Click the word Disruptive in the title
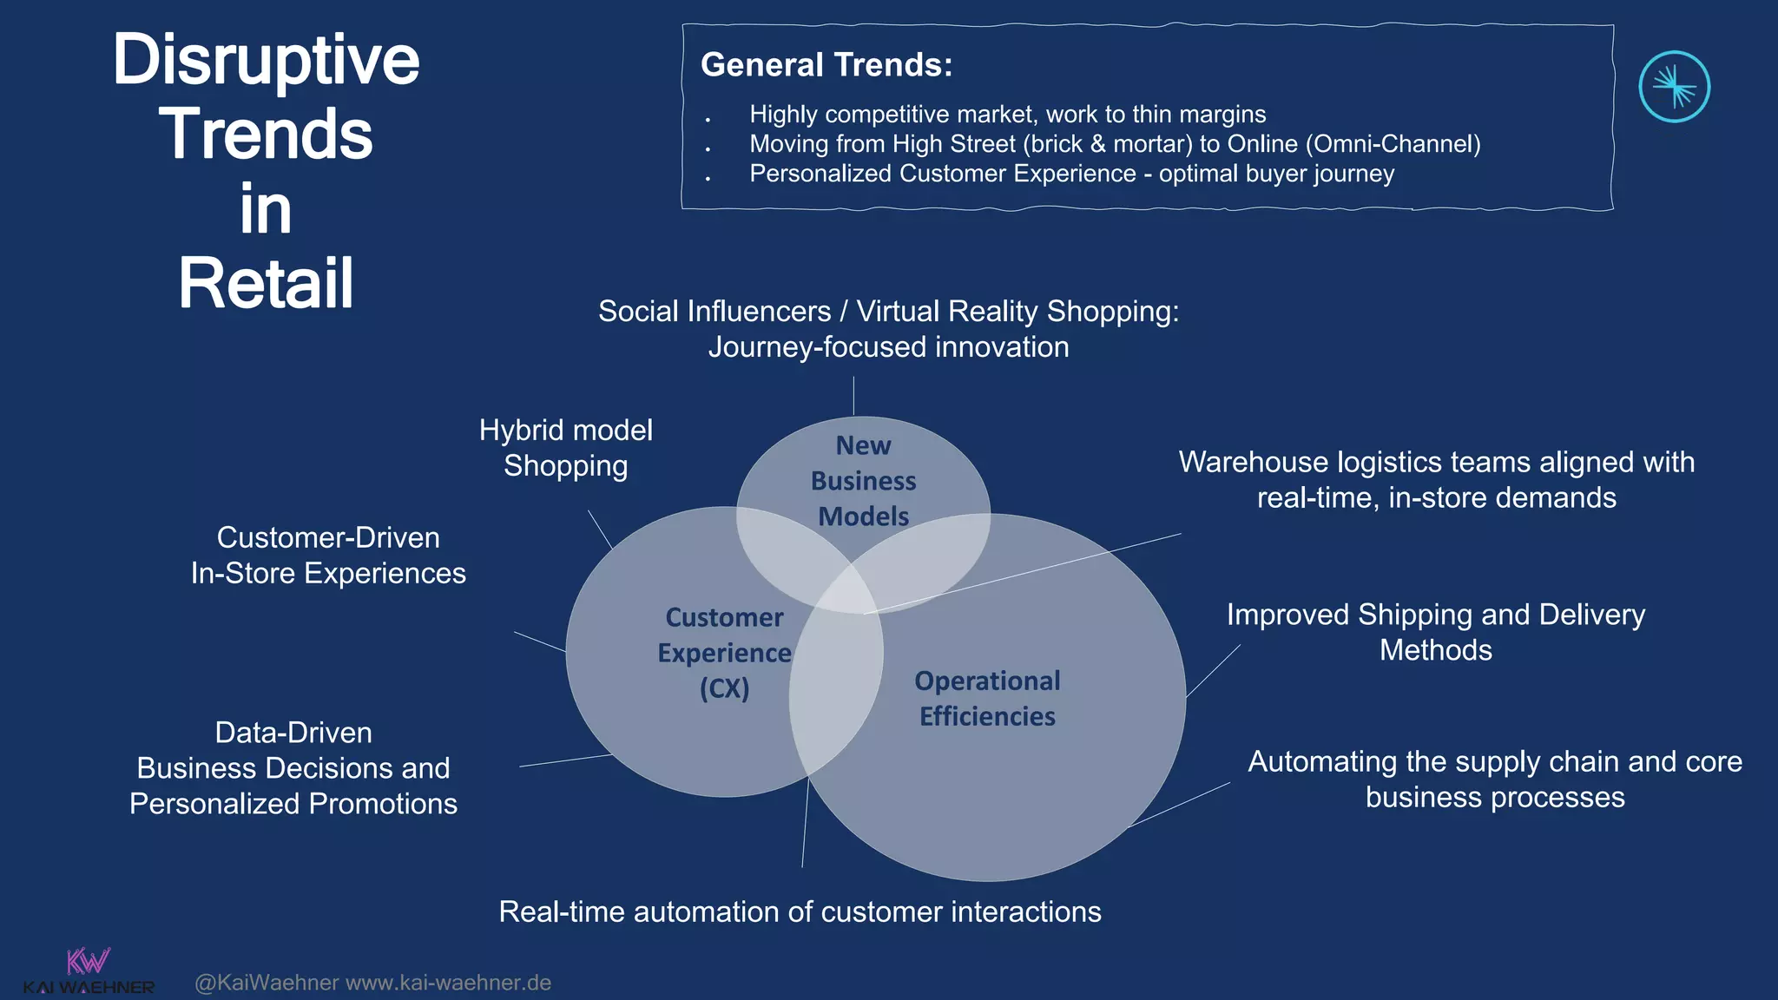(x=266, y=60)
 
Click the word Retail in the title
(x=266, y=284)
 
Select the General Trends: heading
(x=826, y=65)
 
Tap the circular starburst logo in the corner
(x=1674, y=87)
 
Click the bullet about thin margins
(x=1007, y=115)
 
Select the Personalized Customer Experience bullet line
(x=1071, y=174)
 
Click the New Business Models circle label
(x=863, y=481)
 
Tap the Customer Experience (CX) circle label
(x=724, y=653)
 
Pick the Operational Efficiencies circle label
(x=987, y=699)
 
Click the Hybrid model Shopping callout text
(x=565, y=448)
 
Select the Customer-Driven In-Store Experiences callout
(x=328, y=556)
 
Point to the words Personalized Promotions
(x=293, y=804)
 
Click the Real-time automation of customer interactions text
(x=800, y=912)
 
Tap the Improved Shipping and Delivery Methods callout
(x=1436, y=632)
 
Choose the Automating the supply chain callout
(x=1494, y=780)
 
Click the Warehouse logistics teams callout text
(x=1436, y=480)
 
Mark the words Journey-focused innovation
(x=888, y=347)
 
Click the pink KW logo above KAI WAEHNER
(x=89, y=961)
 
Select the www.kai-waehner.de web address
(x=448, y=983)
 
